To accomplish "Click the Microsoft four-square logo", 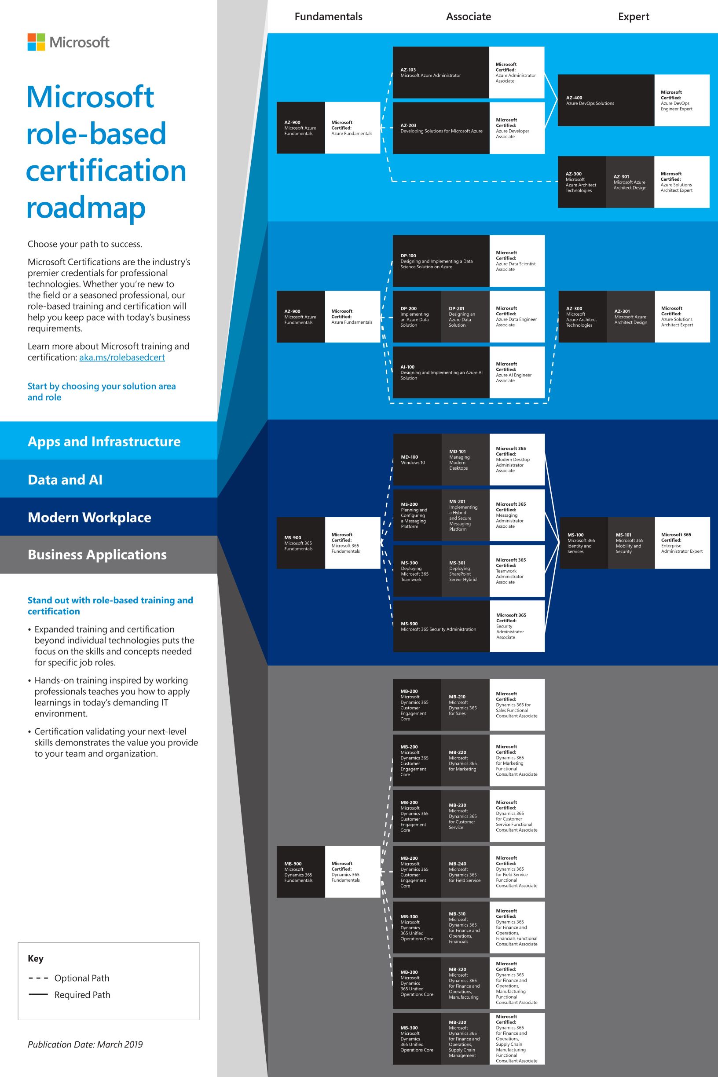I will pyautogui.click(x=36, y=42).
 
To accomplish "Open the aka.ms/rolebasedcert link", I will pyautogui.click(x=122, y=358).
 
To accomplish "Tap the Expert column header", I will pyautogui.click(x=633, y=17).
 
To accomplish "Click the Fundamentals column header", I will pyautogui.click(x=328, y=17).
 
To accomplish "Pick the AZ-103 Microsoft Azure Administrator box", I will pyautogui.click(x=440, y=72).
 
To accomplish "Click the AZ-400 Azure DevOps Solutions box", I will pyautogui.click(x=605, y=100).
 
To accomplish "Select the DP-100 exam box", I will pyautogui.click(x=440, y=261).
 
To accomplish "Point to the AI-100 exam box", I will pyautogui.click(x=440, y=372).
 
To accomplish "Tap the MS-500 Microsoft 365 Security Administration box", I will pyautogui.click(x=440, y=626).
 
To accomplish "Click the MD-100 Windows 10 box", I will pyautogui.click(x=417, y=460).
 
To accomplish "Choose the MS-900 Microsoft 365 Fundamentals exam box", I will pyautogui.click(x=300, y=543).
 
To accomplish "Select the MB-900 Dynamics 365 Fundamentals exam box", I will pyautogui.click(x=300, y=872).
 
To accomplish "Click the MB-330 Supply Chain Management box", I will pyautogui.click(x=465, y=1039).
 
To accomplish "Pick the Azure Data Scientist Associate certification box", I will pyautogui.click(x=517, y=261).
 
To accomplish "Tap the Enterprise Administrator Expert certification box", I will pyautogui.click(x=682, y=543).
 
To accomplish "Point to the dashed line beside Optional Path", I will pyautogui.click(x=38, y=978).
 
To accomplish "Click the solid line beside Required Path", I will pyautogui.click(x=38, y=994).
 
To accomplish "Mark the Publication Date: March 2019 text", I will pyautogui.click(x=85, y=1044).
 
